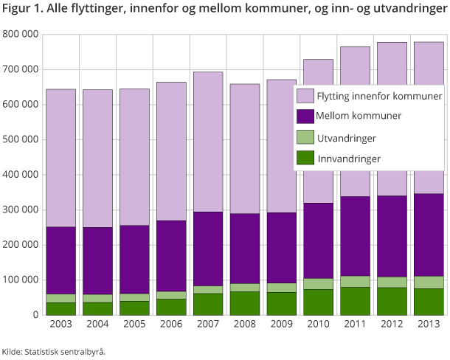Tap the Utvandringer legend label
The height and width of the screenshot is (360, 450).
click(x=346, y=138)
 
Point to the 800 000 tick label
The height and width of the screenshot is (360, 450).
click(x=21, y=35)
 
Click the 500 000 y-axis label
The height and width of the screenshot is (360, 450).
click(x=21, y=140)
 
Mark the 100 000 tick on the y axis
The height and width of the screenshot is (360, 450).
click(x=21, y=280)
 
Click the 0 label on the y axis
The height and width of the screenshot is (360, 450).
click(x=35, y=315)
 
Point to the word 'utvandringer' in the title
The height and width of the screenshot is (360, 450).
click(x=403, y=10)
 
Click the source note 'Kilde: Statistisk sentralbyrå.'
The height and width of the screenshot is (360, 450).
click(x=53, y=351)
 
